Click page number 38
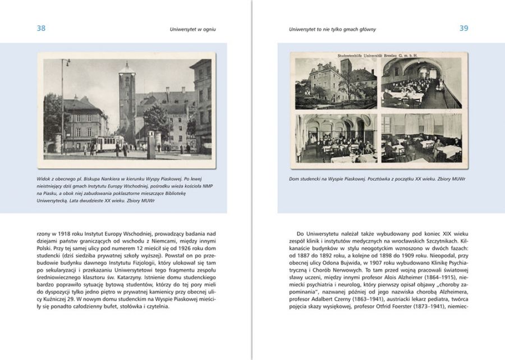[x=41, y=28]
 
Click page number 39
[x=463, y=28]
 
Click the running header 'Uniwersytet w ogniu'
[x=193, y=29]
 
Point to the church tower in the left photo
[x=127, y=101]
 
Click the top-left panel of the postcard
[x=336, y=84]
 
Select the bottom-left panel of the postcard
[x=336, y=138]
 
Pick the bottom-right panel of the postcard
[x=421, y=138]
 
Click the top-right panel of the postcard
[x=421, y=84]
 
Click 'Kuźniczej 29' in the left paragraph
[x=54, y=298]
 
